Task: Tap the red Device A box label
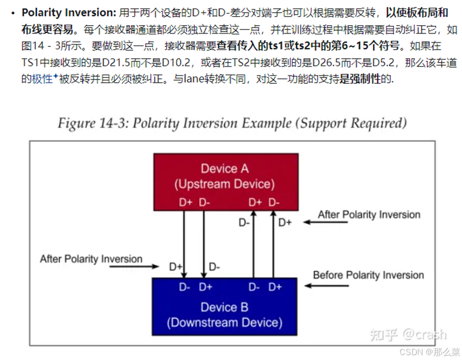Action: tap(224, 169)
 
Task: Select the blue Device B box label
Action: tap(224, 307)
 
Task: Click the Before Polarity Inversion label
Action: tap(368, 275)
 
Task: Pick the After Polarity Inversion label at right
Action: tap(369, 215)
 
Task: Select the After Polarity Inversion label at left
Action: tap(91, 259)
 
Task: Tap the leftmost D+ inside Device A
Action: tap(186, 202)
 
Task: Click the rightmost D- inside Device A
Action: tap(274, 202)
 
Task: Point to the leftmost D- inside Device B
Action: tap(185, 287)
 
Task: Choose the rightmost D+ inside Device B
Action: tap(275, 287)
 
